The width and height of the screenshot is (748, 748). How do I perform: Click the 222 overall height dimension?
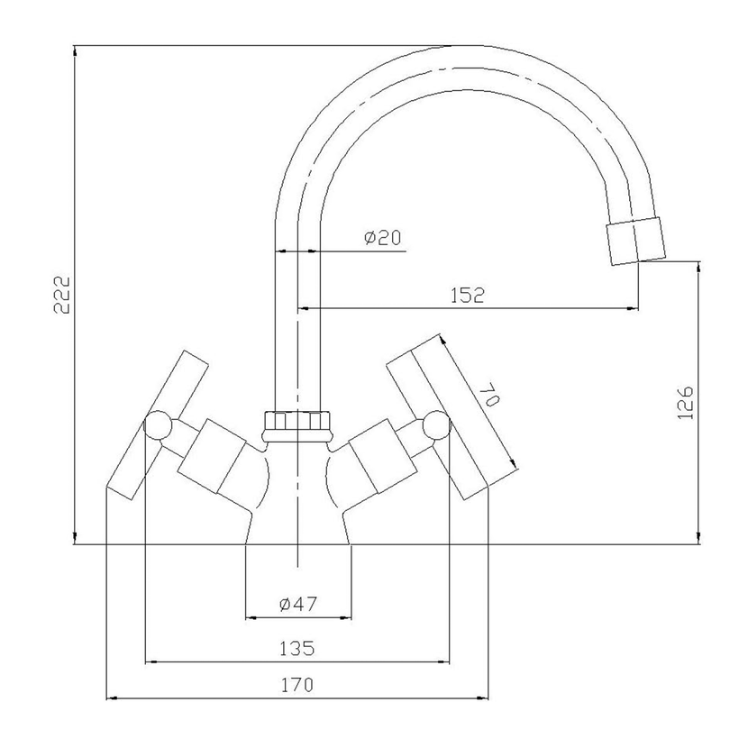62,295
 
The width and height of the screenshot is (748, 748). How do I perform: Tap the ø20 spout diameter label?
383,237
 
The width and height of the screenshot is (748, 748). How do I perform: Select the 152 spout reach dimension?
468,296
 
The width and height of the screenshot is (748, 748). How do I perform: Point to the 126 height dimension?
685,403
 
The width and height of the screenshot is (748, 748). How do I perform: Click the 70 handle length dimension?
488,396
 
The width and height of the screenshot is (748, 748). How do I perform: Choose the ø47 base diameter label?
298,604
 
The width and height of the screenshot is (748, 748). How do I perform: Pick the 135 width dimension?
296,648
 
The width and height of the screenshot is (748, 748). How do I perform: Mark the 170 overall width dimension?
296,685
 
